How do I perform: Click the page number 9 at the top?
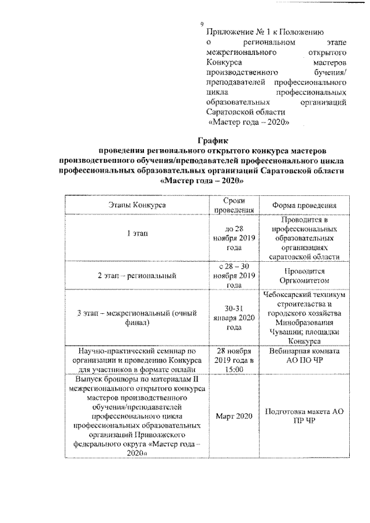click(x=201, y=24)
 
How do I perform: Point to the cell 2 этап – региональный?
click(x=138, y=275)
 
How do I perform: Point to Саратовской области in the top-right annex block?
click(x=246, y=112)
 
